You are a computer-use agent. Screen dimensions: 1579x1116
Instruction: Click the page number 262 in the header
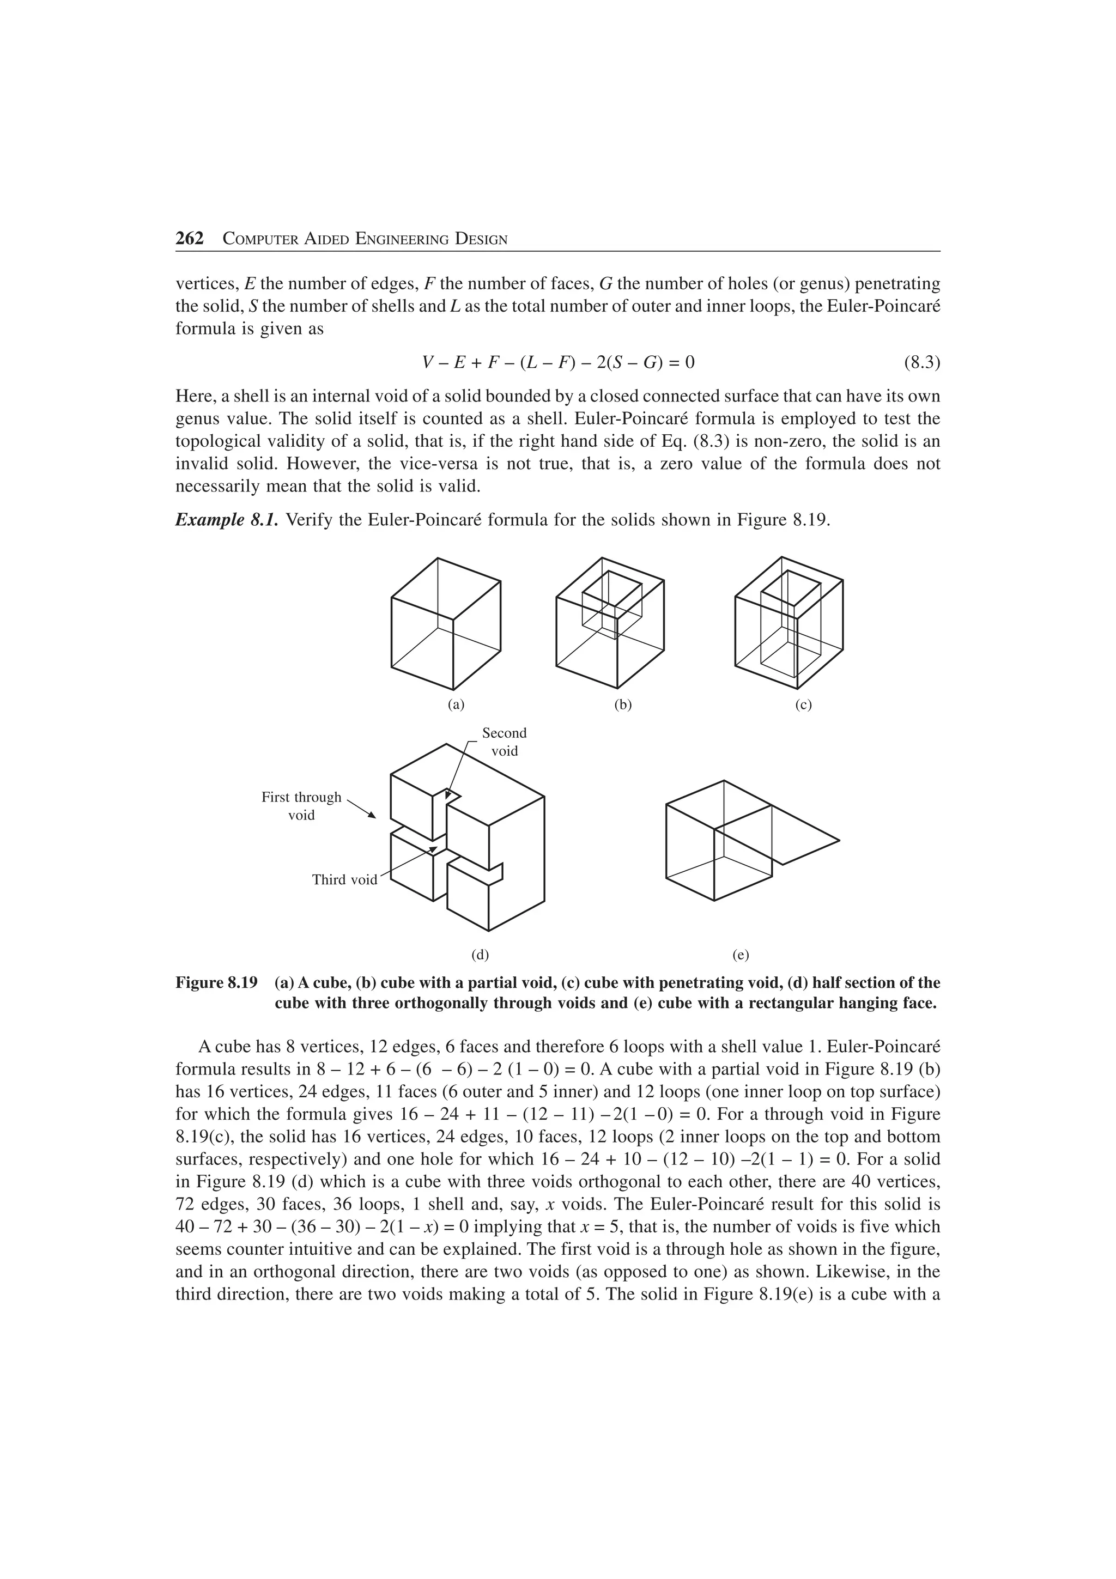190,239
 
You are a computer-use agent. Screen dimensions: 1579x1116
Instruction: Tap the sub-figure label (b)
623,705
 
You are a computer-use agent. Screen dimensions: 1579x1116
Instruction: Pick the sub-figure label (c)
803,705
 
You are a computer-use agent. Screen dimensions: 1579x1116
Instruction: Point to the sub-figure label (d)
480,955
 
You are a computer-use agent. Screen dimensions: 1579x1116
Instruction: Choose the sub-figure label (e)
741,955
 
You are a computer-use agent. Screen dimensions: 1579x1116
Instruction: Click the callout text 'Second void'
504,742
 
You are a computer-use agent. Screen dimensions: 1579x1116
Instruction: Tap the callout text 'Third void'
344,879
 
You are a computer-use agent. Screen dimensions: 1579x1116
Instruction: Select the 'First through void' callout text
301,806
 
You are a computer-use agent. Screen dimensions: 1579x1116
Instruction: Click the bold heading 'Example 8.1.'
227,520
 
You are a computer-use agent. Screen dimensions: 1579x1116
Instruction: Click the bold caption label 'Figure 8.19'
216,983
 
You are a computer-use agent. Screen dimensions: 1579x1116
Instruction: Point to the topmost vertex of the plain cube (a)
438,558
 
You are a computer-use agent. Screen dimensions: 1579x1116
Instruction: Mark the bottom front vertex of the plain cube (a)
452,689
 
